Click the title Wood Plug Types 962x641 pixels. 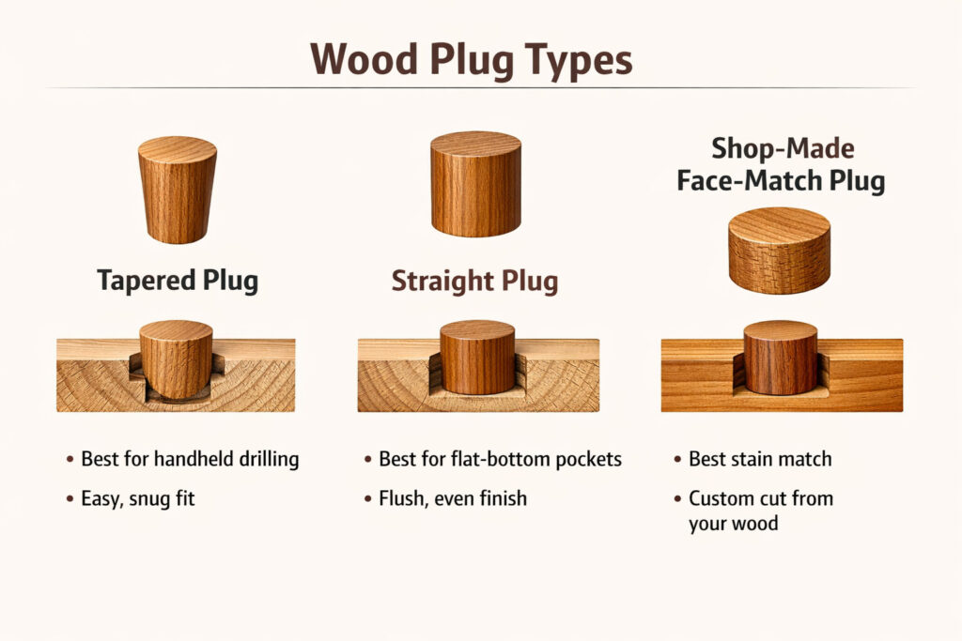471,59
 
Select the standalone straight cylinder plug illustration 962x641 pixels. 475,183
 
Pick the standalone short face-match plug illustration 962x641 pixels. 779,251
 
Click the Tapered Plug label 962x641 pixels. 177,281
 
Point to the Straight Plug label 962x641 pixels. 474,281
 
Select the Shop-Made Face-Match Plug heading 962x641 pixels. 781,163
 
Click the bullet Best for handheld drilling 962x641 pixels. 189,460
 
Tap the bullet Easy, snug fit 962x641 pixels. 137,498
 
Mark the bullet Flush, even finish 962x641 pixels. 452,498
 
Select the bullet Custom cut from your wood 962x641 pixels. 760,511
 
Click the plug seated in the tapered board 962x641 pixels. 177,359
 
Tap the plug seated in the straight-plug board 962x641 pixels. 477,357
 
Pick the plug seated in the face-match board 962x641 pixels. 780,357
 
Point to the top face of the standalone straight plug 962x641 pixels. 475,144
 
